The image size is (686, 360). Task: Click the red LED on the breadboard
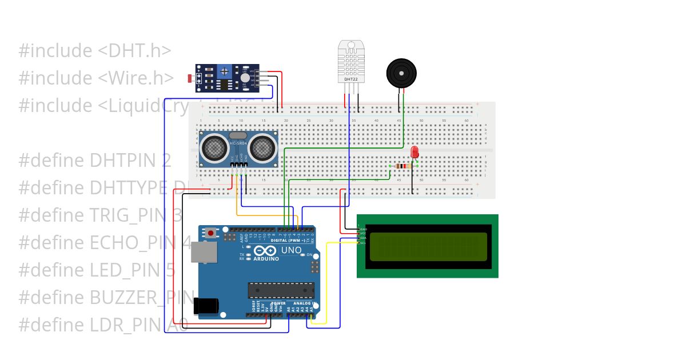click(414, 152)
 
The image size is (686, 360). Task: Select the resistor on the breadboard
click(403, 166)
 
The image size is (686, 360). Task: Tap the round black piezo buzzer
click(401, 73)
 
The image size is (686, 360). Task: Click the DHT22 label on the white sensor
click(350, 79)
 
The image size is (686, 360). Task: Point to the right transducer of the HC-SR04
click(262, 148)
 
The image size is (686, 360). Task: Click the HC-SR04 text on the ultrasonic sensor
click(238, 143)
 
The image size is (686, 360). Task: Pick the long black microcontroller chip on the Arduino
click(281, 290)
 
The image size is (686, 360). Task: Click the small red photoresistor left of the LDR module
click(190, 78)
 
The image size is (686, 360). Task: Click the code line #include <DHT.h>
click(95, 51)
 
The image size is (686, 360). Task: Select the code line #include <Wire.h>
click(96, 78)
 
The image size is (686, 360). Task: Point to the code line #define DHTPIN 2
click(95, 161)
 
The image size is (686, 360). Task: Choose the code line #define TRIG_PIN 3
click(101, 215)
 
